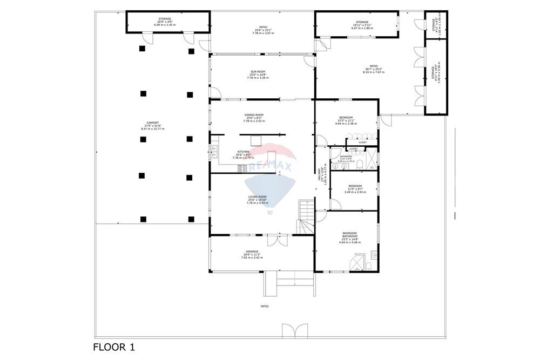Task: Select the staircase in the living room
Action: [305, 217]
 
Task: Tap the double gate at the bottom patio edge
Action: [295, 330]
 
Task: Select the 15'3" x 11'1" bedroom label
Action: [346, 121]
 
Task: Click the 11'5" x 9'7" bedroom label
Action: [355, 189]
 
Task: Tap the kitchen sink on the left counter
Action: [214, 149]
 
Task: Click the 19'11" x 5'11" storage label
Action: [362, 25]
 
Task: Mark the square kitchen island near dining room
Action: [255, 140]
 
